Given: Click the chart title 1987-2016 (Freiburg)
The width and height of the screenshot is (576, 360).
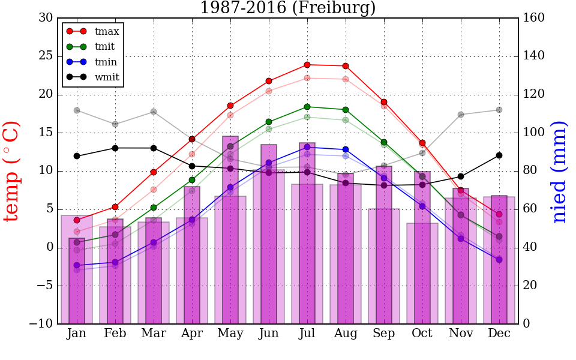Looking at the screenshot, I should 288,8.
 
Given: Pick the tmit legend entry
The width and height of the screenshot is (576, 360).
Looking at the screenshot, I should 104,46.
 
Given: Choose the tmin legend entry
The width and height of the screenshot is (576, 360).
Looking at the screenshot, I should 106,62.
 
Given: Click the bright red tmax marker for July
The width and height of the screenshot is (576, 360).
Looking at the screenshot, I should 307,65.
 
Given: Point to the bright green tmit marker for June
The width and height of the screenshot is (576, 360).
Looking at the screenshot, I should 269,122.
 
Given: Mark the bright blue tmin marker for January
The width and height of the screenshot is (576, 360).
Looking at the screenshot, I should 77,265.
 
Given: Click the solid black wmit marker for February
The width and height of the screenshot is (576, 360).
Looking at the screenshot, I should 115,148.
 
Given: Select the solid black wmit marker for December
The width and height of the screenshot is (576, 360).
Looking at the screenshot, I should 499,155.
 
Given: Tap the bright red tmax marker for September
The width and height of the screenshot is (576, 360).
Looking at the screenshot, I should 384,102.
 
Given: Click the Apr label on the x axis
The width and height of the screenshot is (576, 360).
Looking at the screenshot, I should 192,334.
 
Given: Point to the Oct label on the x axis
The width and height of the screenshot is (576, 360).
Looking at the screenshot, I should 422,334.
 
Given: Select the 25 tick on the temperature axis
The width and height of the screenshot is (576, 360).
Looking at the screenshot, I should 45,56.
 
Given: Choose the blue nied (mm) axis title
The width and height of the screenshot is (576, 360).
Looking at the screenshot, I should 559,171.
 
